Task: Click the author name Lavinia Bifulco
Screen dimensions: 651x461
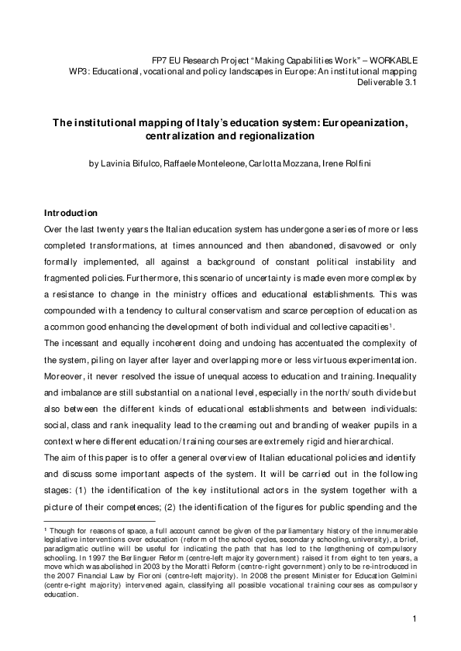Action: (128, 163)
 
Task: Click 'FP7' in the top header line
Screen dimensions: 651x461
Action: (160, 60)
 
